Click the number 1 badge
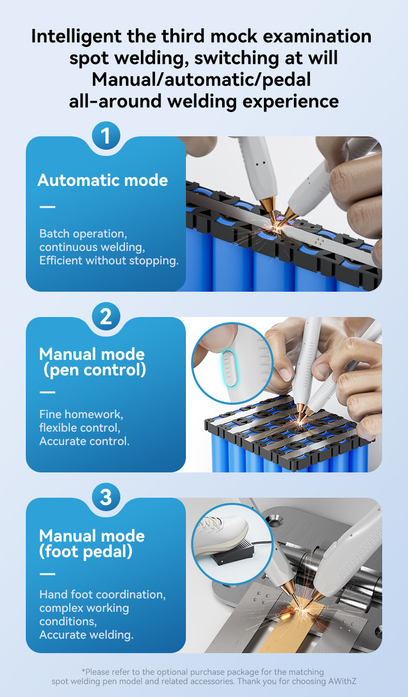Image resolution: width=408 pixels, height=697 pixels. click(x=106, y=136)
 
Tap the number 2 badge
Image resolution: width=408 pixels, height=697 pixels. click(x=106, y=316)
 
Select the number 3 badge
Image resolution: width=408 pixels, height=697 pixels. click(x=106, y=497)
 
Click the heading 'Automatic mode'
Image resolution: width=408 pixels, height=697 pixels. click(x=103, y=180)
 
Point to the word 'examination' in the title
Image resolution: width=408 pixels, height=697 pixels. click(x=317, y=36)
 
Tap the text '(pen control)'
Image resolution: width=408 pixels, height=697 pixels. click(x=95, y=370)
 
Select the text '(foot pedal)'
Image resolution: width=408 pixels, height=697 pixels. click(x=86, y=552)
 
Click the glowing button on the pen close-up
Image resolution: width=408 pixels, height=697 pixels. click(x=229, y=369)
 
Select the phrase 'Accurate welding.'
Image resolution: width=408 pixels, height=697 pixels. click(x=86, y=635)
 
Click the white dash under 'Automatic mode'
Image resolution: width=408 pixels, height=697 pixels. click(x=48, y=207)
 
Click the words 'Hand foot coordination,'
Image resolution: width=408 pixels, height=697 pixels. click(x=102, y=595)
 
